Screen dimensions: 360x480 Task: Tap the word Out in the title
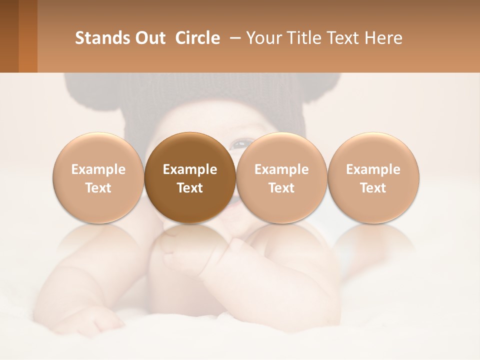click(148, 38)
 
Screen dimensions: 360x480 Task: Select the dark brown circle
click(190, 177)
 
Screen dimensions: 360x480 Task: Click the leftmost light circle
click(98, 177)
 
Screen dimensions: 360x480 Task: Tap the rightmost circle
click(373, 177)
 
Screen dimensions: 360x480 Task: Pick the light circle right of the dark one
click(281, 177)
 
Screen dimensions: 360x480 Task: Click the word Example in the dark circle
click(190, 169)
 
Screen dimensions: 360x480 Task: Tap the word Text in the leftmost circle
click(98, 188)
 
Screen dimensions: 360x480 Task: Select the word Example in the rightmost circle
click(373, 169)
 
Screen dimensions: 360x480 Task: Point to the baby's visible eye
click(238, 144)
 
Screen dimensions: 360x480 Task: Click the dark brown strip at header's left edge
click(9, 36)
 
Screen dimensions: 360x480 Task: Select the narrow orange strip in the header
click(28, 36)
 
